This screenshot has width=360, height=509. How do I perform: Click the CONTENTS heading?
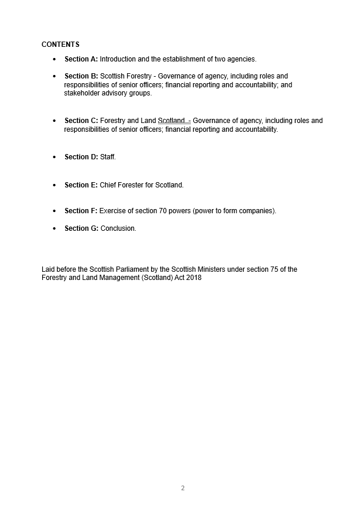(60, 45)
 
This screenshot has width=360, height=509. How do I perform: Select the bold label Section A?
(81, 59)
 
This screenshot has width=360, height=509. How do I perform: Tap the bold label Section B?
(81, 76)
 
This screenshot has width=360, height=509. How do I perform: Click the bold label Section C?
(81, 121)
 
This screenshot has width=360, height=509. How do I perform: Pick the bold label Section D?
(81, 157)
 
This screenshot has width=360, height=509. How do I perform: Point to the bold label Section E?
(81, 185)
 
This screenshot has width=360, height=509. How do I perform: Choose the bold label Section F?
(81, 211)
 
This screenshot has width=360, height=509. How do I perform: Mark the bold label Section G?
(81, 228)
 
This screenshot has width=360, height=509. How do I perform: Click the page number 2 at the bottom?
(183, 488)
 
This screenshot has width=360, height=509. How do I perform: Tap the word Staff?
(108, 157)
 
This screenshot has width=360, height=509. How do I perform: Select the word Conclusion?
(118, 228)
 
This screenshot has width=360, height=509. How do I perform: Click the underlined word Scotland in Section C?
(171, 121)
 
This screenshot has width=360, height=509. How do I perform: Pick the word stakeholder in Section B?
(81, 93)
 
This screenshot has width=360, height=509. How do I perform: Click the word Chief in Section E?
(108, 185)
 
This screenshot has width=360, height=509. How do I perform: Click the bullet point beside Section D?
(54, 157)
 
